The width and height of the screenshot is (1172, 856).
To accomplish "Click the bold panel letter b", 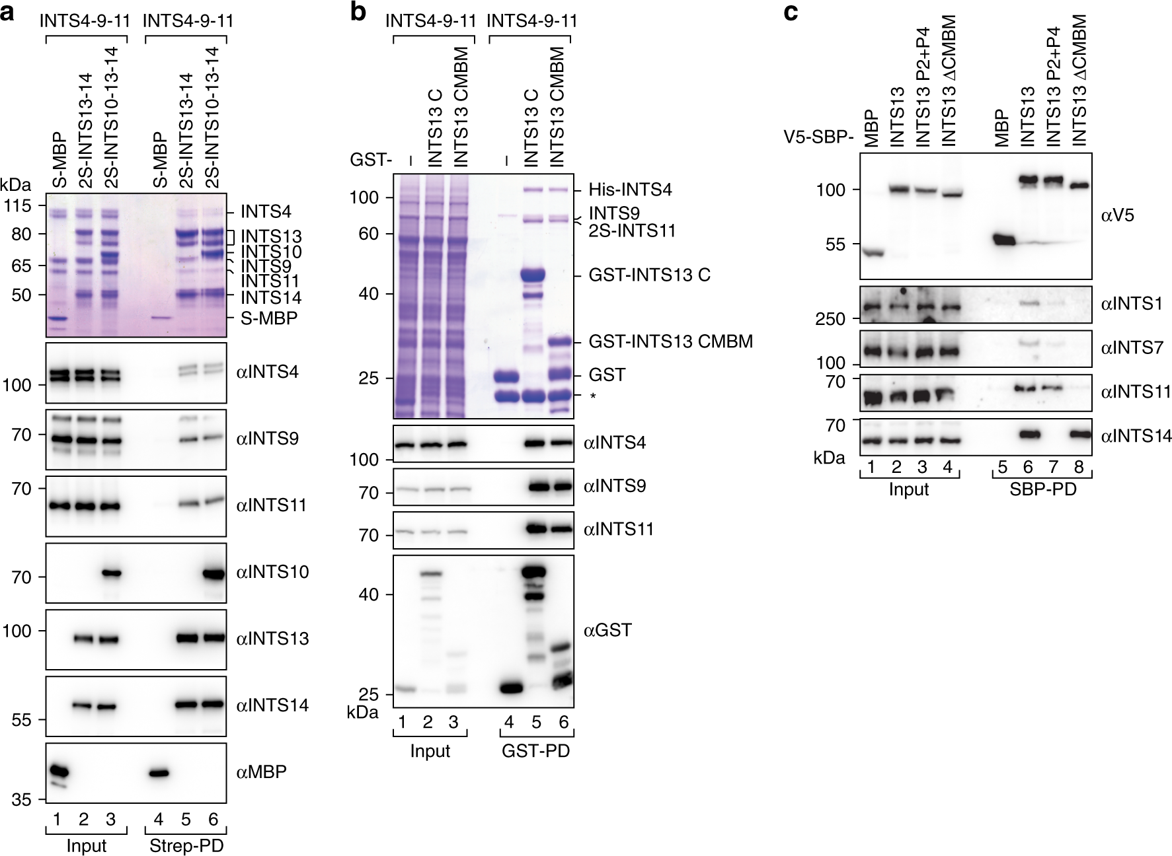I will click(358, 12).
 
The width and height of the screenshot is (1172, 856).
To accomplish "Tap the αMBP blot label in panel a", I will click(261, 771).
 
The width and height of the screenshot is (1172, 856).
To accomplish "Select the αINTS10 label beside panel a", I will click(272, 572).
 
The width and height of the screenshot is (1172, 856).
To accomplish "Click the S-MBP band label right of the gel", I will click(269, 318).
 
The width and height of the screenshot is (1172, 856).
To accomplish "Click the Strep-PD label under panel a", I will click(186, 846).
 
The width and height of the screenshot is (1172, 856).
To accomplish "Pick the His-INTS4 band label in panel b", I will click(631, 190).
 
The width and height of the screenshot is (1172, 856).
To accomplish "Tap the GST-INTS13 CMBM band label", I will click(671, 341).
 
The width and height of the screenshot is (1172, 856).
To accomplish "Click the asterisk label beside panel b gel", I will click(593, 397).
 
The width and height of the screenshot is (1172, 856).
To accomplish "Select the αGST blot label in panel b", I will click(607, 630).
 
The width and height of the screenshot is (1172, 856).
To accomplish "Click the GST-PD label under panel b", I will click(536, 751).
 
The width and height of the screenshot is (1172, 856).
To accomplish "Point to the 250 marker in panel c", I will click(830, 319).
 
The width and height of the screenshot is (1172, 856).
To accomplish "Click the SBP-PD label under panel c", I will click(1041, 489).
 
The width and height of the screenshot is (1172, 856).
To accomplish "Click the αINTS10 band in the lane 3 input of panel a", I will click(110, 573).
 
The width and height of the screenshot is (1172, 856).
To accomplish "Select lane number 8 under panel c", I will click(1078, 468).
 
